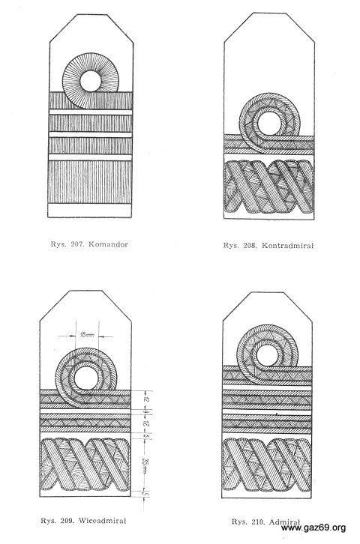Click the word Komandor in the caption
[x=108, y=244]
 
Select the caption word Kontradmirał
[x=287, y=246]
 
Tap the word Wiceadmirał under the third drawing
[x=103, y=521]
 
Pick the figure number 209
[x=66, y=521]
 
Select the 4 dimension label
[x=146, y=411]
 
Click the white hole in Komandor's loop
[x=91, y=81]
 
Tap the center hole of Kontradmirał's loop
[x=269, y=124]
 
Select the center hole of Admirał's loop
[x=267, y=356]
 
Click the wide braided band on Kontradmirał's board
[x=269, y=187]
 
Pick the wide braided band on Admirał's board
[x=266, y=465]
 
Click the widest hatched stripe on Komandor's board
[x=90, y=182]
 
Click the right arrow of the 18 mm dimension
[x=106, y=336]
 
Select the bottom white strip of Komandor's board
[x=89, y=211]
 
